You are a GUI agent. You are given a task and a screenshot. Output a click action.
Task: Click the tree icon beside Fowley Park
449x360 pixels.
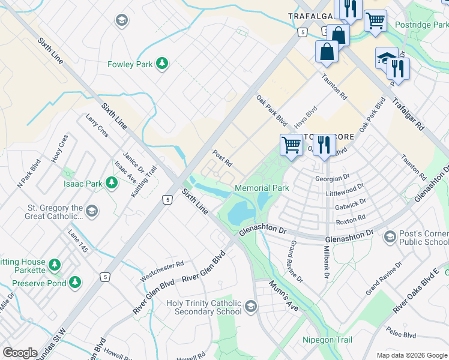pyautogui.click(x=161, y=63)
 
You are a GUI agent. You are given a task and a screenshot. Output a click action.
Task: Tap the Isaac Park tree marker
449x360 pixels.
pyautogui.click(x=111, y=182)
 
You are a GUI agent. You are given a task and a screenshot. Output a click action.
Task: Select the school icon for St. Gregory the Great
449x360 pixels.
pyautogui.click(x=92, y=211)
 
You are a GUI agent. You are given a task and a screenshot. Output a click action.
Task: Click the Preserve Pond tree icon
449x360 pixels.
pyautogui.click(x=75, y=281)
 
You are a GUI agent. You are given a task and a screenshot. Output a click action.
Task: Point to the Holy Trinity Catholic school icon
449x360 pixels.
pyautogui.click(x=250, y=307)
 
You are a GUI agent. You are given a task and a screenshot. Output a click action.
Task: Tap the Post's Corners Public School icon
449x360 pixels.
pyautogui.click(x=390, y=238)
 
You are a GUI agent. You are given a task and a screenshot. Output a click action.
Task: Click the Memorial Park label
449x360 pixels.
pyautogui.click(x=262, y=188)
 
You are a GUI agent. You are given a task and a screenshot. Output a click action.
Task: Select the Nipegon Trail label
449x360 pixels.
pyautogui.click(x=328, y=340)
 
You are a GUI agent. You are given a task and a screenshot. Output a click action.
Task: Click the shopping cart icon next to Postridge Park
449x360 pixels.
pyautogui.click(x=375, y=20)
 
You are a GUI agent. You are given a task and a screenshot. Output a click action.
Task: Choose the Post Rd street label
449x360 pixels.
pyautogui.click(x=222, y=159)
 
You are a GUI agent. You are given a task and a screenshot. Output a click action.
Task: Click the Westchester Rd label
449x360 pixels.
pyautogui.click(x=161, y=271)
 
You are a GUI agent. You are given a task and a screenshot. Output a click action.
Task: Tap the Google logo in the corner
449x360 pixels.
pyautogui.click(x=20, y=353)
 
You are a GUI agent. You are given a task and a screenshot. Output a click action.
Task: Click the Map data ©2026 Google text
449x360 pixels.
pyautogui.click(x=412, y=355)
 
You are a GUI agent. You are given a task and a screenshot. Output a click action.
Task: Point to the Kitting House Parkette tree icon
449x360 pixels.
pyautogui.click(x=55, y=264)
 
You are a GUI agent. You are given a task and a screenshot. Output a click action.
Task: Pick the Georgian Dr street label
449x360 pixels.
pyautogui.click(x=332, y=178)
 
